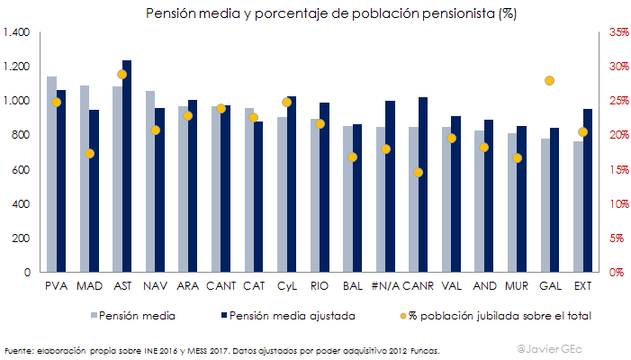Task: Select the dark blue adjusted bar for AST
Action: click(127, 166)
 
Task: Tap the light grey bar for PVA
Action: click(51, 175)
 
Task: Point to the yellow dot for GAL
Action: click(550, 81)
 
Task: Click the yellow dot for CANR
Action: click(418, 172)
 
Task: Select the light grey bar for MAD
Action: click(85, 179)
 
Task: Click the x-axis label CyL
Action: click(287, 286)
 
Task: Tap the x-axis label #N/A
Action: click(384, 286)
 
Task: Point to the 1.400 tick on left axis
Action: click(17, 32)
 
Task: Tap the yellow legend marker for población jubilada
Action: click(402, 316)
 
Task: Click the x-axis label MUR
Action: click(517, 286)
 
